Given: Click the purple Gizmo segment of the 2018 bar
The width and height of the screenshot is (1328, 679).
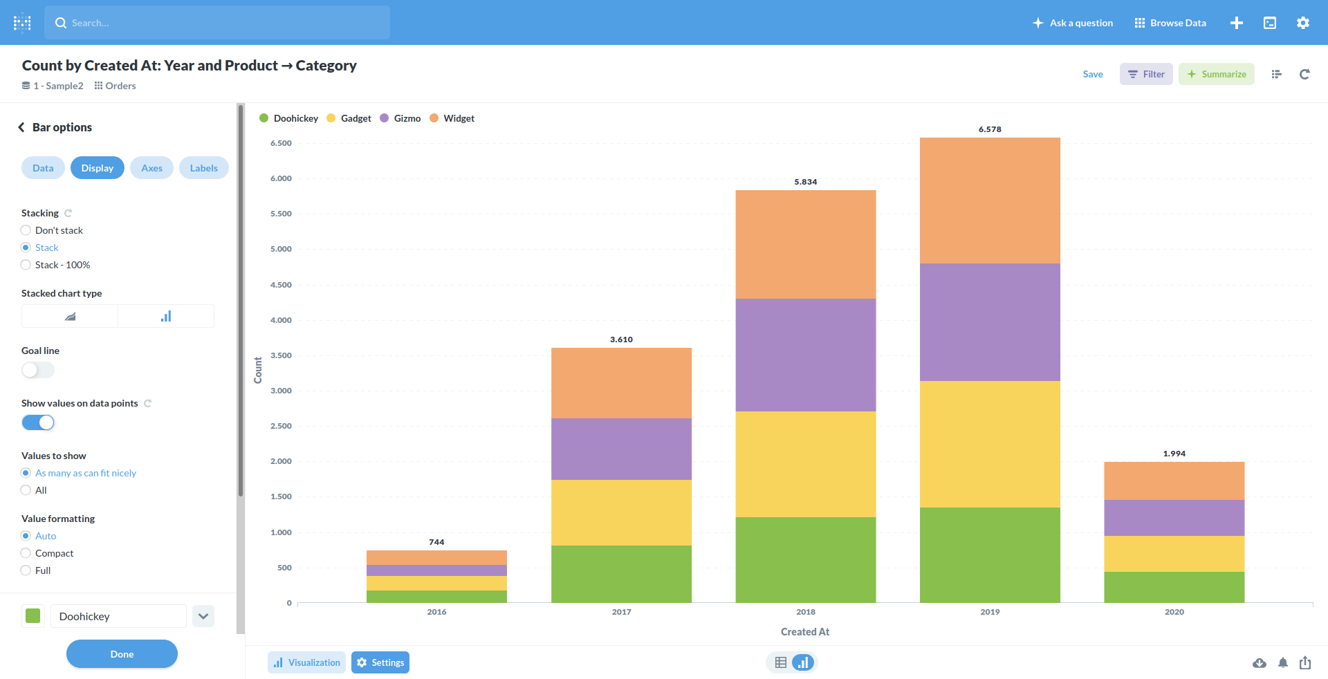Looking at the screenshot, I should pyautogui.click(x=806, y=355).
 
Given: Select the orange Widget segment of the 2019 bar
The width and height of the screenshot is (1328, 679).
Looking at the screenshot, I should pyautogui.click(x=990, y=201).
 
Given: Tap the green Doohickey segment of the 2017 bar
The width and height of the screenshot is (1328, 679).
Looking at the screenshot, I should pyautogui.click(x=621, y=574).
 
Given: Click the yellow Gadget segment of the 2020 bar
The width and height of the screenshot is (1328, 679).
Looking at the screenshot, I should pyautogui.click(x=1174, y=554).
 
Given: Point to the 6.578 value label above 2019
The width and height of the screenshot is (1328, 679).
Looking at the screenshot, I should pyautogui.click(x=990, y=129).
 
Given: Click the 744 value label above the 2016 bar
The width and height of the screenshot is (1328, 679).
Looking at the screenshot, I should pyautogui.click(x=436, y=542).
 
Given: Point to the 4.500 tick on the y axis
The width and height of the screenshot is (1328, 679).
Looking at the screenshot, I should pyautogui.click(x=281, y=285).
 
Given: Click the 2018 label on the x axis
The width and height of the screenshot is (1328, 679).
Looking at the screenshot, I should pyautogui.click(x=806, y=612).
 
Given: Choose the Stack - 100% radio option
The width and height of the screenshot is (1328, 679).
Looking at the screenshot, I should pyautogui.click(x=26, y=265).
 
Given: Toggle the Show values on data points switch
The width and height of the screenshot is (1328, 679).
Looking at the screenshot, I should pyautogui.click(x=38, y=422).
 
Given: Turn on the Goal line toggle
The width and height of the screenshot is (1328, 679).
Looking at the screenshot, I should pyautogui.click(x=38, y=370).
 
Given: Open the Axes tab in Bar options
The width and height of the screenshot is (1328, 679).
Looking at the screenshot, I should pyautogui.click(x=151, y=168).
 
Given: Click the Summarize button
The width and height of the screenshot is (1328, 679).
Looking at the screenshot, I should pyautogui.click(x=1216, y=74).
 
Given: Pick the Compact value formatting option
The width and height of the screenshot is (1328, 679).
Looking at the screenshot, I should pyautogui.click(x=26, y=553).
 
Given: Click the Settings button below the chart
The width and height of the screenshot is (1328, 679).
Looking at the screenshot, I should pyautogui.click(x=380, y=662).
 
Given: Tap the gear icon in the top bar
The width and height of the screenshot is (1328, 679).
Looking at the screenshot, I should pyautogui.click(x=1303, y=23).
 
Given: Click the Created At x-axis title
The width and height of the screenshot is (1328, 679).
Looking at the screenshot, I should pyautogui.click(x=805, y=632).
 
